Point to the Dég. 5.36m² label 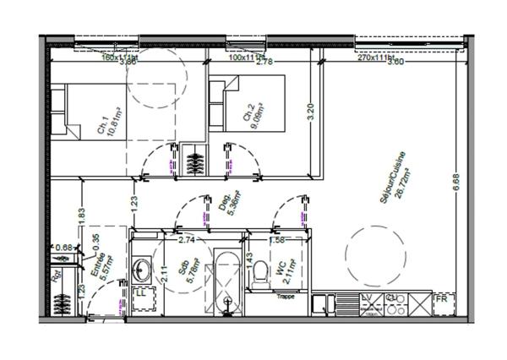pyautogui.click(x=226, y=205)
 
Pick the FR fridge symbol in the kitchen pyautogui.click(x=440, y=299)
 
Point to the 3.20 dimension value pyautogui.click(x=311, y=112)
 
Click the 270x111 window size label pyautogui.click(x=375, y=58)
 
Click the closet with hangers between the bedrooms pyautogui.click(x=194, y=160)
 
